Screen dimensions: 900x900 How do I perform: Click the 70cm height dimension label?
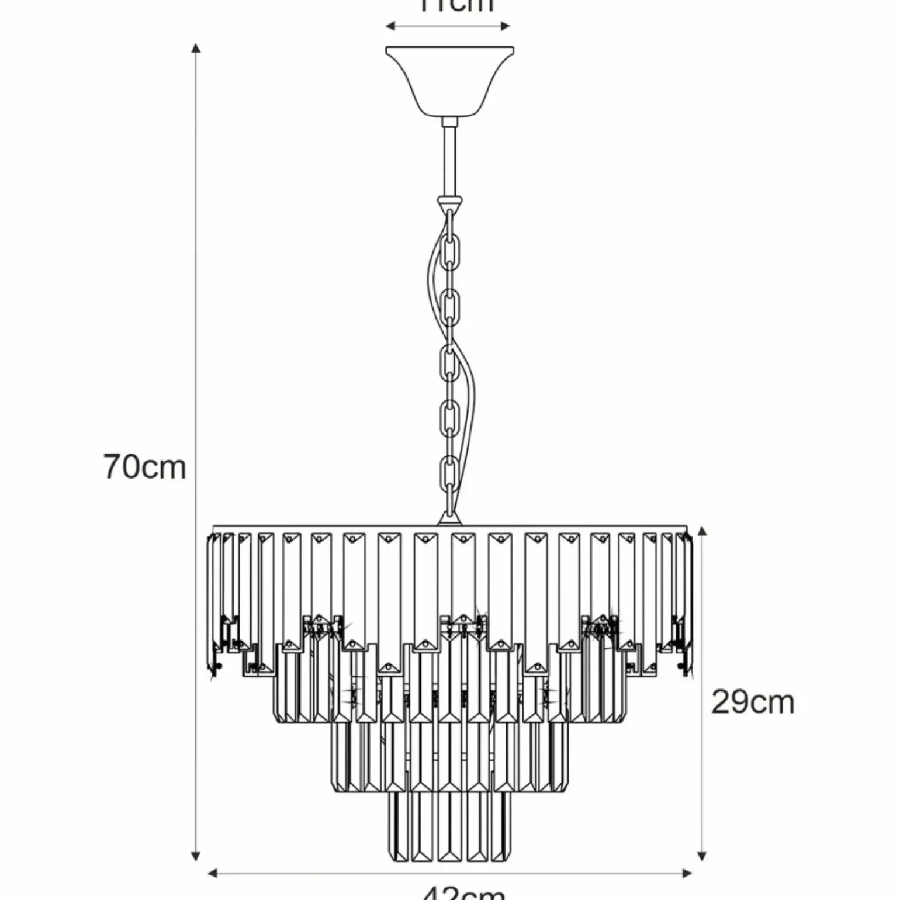point(144,468)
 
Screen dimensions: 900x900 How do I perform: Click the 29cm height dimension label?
point(752,702)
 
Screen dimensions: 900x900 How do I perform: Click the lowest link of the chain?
point(449,476)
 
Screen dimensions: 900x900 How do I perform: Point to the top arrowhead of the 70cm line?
point(197,48)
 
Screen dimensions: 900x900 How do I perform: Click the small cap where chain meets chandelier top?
point(448,518)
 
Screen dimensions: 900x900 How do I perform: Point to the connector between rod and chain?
point(450,204)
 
